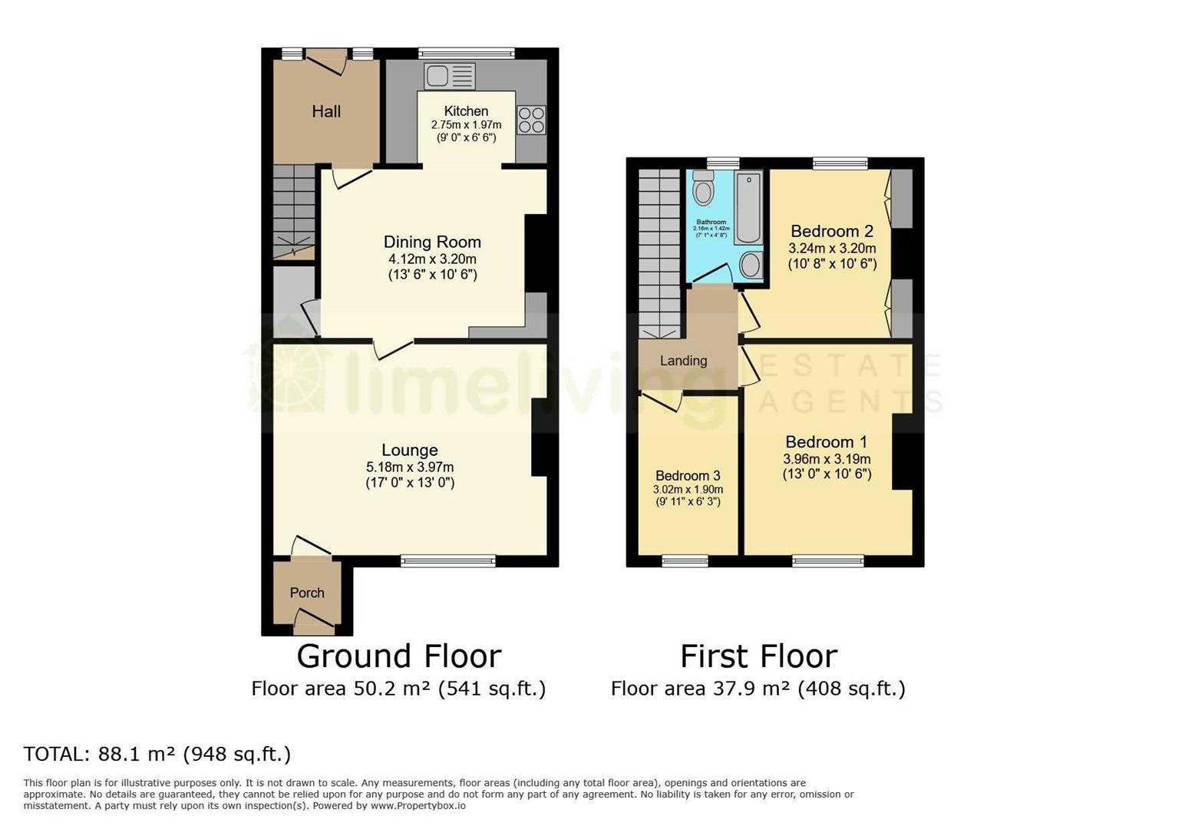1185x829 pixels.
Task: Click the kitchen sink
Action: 450,77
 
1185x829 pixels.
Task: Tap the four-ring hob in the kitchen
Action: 531,120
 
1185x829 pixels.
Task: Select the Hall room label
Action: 326,112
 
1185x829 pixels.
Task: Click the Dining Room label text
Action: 432,243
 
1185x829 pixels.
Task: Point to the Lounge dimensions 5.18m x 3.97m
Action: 410,467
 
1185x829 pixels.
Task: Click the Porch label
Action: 307,593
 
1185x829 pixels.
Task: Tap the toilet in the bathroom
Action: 703,188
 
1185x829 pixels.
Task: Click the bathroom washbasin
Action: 751,266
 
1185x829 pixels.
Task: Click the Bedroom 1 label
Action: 827,442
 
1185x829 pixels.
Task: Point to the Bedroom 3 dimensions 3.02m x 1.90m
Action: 688,489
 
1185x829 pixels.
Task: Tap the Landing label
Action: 683,361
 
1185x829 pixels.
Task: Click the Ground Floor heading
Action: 399,656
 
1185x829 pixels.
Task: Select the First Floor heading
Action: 758,656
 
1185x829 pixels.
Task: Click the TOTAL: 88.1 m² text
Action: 157,754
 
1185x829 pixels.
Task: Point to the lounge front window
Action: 448,561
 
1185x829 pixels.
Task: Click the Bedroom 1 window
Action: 828,561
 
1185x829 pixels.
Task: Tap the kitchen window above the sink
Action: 467,53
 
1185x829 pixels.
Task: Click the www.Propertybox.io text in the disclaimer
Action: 418,806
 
